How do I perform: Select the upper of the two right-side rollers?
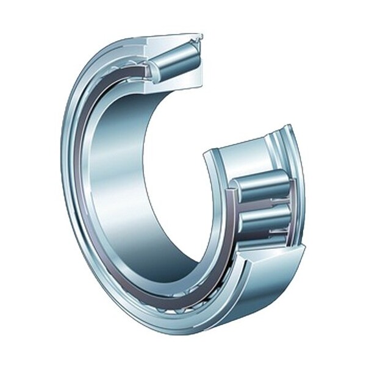pyautogui.click(x=263, y=185)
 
